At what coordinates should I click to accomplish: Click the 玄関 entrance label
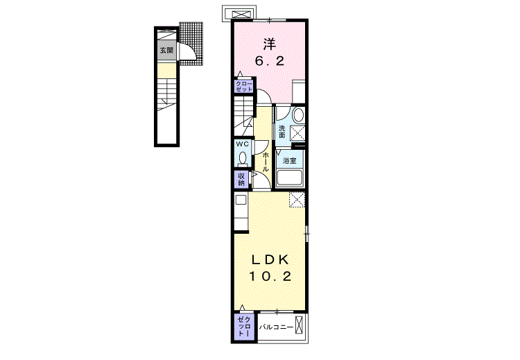tap(166, 51)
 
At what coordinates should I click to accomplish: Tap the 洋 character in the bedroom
tap(270, 44)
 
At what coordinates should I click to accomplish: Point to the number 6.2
tap(270, 61)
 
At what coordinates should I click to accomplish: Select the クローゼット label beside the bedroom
tap(244, 87)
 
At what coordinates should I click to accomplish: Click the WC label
tap(242, 144)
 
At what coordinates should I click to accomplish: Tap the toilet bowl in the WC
tap(243, 157)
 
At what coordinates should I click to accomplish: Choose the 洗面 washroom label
tap(282, 131)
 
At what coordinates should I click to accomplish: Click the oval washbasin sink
tap(298, 115)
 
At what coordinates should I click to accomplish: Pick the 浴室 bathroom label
tap(290, 161)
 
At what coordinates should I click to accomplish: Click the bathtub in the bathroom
tap(290, 178)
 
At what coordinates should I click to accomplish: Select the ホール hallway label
tap(266, 162)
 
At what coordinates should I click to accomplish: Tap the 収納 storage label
tap(241, 180)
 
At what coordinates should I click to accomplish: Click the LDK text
tap(270, 260)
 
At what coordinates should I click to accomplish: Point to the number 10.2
tap(270, 276)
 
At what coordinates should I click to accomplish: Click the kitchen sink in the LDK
tap(241, 200)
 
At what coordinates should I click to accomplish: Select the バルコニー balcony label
tap(276, 327)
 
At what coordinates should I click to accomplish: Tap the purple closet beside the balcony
tap(245, 327)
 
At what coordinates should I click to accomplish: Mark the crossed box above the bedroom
tap(239, 14)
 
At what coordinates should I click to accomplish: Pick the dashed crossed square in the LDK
tap(297, 199)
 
